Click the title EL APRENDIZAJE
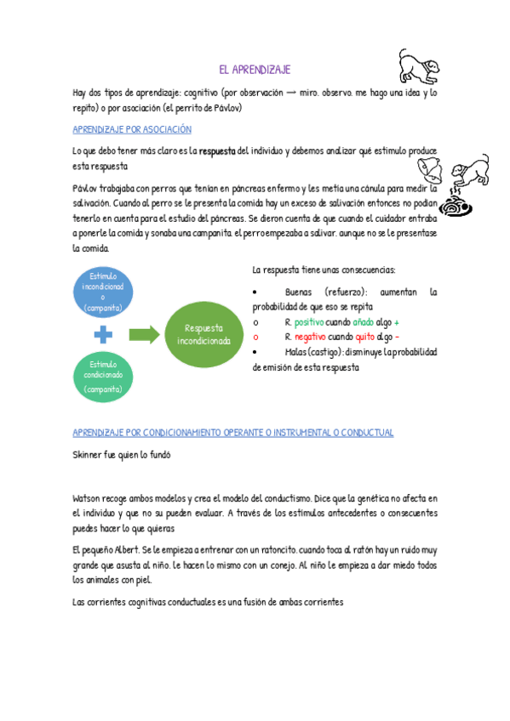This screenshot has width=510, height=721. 255,71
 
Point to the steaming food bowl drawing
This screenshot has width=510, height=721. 465,206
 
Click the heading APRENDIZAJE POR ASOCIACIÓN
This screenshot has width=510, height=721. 132,129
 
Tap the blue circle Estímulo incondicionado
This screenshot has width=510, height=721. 103,292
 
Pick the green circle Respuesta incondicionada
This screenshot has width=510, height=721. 203,333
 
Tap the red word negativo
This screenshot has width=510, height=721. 310,337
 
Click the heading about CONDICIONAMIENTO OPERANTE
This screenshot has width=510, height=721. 233,432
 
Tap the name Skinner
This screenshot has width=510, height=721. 89,455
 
